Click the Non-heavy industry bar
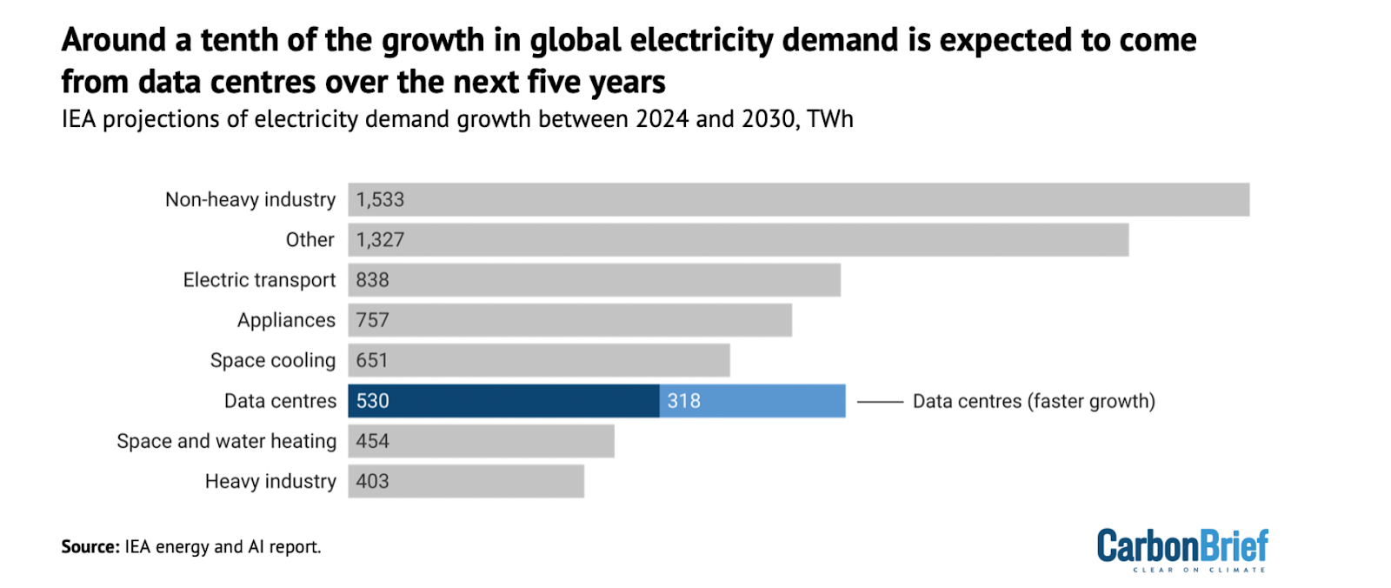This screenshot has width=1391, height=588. (x=798, y=199)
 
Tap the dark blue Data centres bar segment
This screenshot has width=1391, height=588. (x=503, y=401)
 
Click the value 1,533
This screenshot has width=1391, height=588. (x=380, y=199)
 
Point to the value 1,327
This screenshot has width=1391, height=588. (x=380, y=240)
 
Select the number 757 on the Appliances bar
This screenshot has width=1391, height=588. (x=372, y=320)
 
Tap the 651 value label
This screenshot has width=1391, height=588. (x=372, y=361)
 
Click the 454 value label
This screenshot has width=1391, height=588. (x=372, y=442)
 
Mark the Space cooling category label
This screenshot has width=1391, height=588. (x=272, y=361)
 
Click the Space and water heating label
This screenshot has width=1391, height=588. (x=226, y=442)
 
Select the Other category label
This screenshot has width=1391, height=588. (x=309, y=240)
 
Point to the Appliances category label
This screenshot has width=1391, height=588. (x=286, y=320)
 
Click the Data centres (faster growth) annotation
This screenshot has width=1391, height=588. (x=1034, y=401)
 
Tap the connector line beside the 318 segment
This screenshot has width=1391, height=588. (x=880, y=402)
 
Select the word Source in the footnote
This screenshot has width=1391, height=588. (x=89, y=547)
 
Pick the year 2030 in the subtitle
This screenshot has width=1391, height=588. (x=769, y=119)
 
